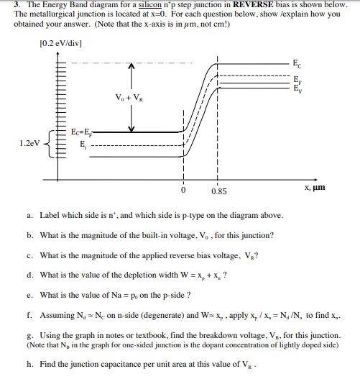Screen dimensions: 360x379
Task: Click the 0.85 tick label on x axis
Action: [x=219, y=191]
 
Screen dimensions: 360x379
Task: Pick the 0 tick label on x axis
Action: [x=183, y=191]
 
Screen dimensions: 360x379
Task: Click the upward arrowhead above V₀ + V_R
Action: [x=131, y=65]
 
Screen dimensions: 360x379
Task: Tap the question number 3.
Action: [x=16, y=6]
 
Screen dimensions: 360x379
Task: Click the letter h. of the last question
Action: [x=28, y=363]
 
